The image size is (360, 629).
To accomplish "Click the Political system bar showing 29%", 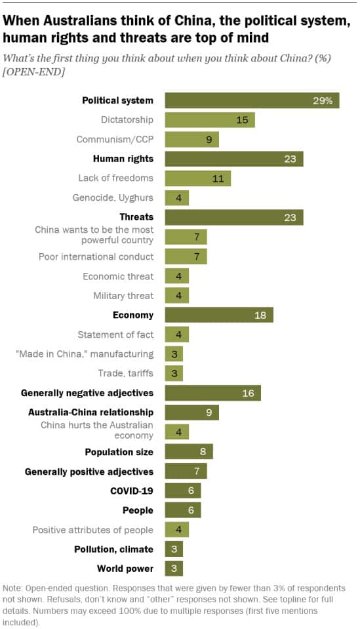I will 252,100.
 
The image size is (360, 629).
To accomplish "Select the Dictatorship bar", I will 209,120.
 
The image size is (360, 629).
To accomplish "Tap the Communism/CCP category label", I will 115,140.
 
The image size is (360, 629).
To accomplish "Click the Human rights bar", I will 233,159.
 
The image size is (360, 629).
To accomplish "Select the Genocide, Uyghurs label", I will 112,197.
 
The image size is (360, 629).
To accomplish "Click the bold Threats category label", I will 136,217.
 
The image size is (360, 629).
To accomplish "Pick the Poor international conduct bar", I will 186,256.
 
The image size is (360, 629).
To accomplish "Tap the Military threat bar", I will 176,295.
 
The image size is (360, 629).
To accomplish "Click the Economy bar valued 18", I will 218,315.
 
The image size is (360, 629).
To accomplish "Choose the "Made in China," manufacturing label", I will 84,354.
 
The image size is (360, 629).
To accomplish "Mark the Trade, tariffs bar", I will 174,373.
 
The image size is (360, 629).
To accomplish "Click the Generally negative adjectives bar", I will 212,393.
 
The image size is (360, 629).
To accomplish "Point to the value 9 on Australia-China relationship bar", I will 209,413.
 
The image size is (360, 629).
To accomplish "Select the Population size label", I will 119,452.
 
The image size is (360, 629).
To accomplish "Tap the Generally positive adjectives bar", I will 186,471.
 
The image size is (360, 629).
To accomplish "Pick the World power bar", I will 174,569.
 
